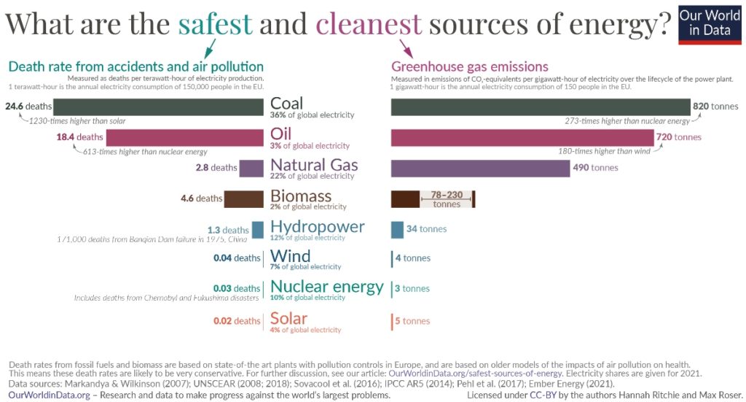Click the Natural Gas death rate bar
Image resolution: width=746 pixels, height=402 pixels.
click(251, 168)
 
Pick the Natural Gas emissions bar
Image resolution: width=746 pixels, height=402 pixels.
click(480, 168)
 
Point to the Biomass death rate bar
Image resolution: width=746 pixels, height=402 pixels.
click(243, 198)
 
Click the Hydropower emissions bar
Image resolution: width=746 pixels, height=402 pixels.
click(397, 229)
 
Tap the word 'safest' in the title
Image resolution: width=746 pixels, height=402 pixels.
click(215, 23)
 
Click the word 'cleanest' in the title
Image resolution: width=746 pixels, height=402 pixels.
click(369, 23)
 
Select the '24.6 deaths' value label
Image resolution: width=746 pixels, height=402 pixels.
click(28, 107)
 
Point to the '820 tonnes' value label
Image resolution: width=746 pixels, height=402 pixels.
click(715, 107)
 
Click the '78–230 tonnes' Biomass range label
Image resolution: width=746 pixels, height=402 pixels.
click(447, 199)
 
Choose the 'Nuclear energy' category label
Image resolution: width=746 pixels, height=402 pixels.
click(326, 286)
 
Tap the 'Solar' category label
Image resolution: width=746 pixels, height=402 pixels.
click(288, 318)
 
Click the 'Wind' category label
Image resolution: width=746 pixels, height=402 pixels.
click(290, 256)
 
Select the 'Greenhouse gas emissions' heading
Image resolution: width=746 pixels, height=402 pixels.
click(470, 66)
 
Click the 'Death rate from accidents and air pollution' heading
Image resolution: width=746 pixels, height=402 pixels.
click(136, 66)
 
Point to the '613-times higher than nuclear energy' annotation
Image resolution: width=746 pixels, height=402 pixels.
click(145, 152)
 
